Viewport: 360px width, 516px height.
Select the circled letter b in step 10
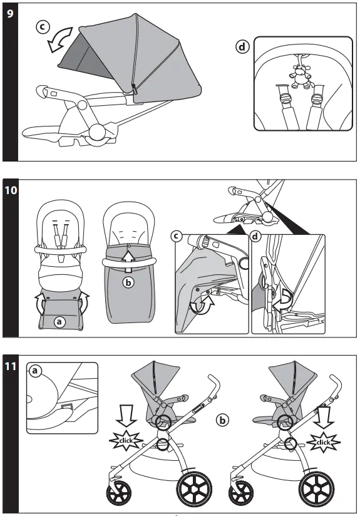click(127, 282)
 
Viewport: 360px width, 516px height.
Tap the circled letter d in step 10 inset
click(255, 237)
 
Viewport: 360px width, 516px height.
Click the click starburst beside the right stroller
click(323, 442)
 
